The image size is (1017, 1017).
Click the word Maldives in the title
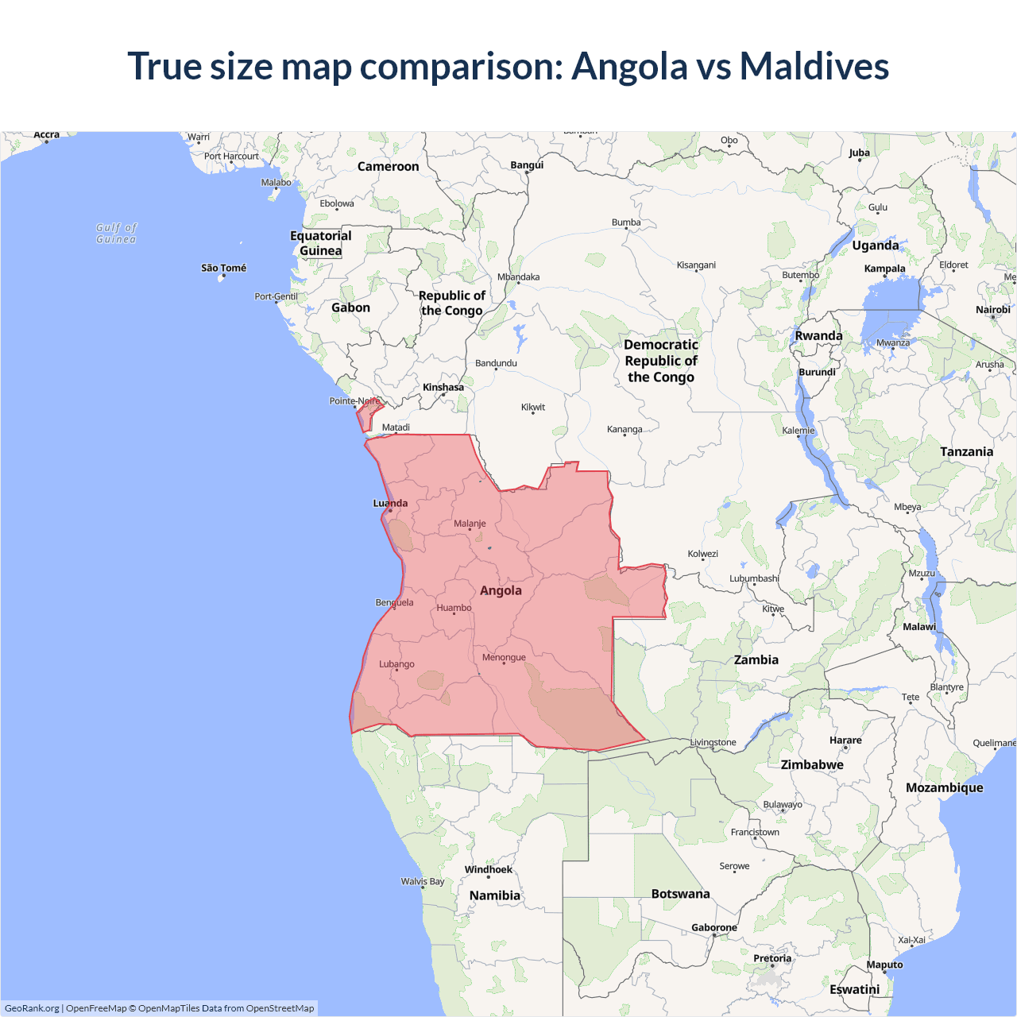pos(814,66)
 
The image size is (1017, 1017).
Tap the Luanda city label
pos(390,503)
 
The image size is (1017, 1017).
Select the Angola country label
pos(501,590)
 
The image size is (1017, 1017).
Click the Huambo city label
pos(454,608)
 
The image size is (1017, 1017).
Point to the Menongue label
pos(504,657)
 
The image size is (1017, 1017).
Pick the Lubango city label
pos(396,664)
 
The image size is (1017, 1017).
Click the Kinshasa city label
pos(443,388)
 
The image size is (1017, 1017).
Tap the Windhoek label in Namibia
pos(489,869)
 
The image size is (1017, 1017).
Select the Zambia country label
pos(756,659)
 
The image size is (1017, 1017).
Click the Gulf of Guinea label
pos(116,233)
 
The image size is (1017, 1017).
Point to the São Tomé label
pos(223,268)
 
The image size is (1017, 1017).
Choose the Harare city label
pos(845,740)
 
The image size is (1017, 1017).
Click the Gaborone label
pos(713,927)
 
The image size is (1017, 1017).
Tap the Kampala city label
pos(884,269)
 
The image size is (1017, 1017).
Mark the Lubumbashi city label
pos(754,578)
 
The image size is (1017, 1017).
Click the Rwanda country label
pos(818,335)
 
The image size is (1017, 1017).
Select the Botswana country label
pos(680,894)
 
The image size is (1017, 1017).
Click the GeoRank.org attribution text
pos(32,1008)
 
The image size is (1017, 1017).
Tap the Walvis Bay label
pos(423,881)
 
